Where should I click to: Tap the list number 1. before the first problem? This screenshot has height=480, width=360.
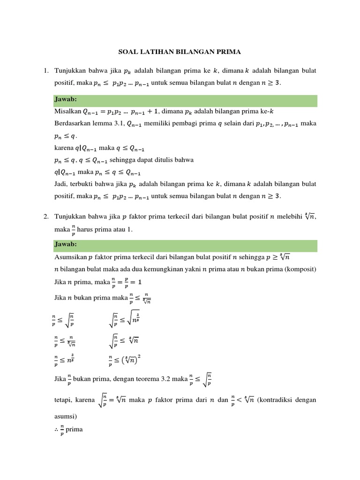pos(46,71)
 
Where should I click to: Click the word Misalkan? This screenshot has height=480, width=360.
pos(67,112)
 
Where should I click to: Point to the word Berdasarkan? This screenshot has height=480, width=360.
pos(73,124)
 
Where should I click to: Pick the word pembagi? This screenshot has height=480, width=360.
pos(187,124)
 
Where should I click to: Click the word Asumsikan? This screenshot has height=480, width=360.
pos(70,257)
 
